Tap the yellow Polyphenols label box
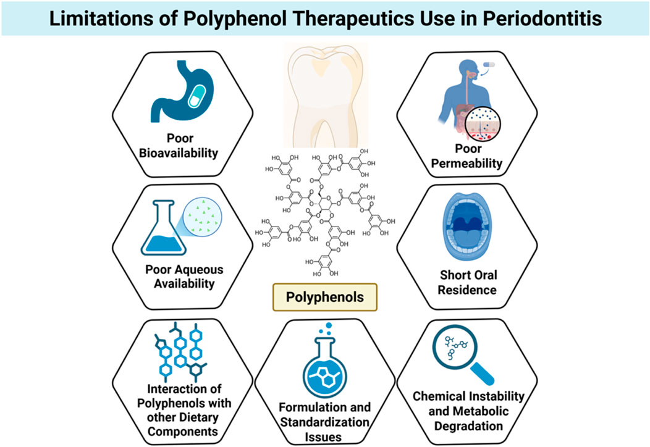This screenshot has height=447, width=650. pos(324,298)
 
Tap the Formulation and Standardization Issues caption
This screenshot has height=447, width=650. pos(325,422)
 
